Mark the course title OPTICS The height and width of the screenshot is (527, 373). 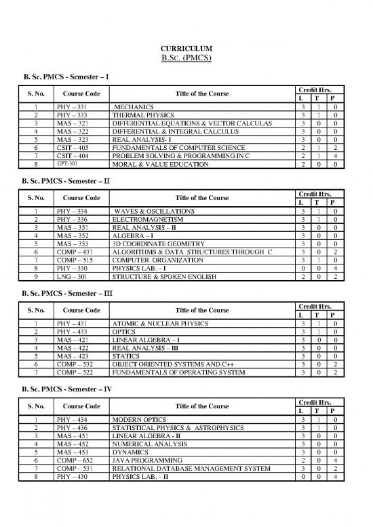pos(124,332)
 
